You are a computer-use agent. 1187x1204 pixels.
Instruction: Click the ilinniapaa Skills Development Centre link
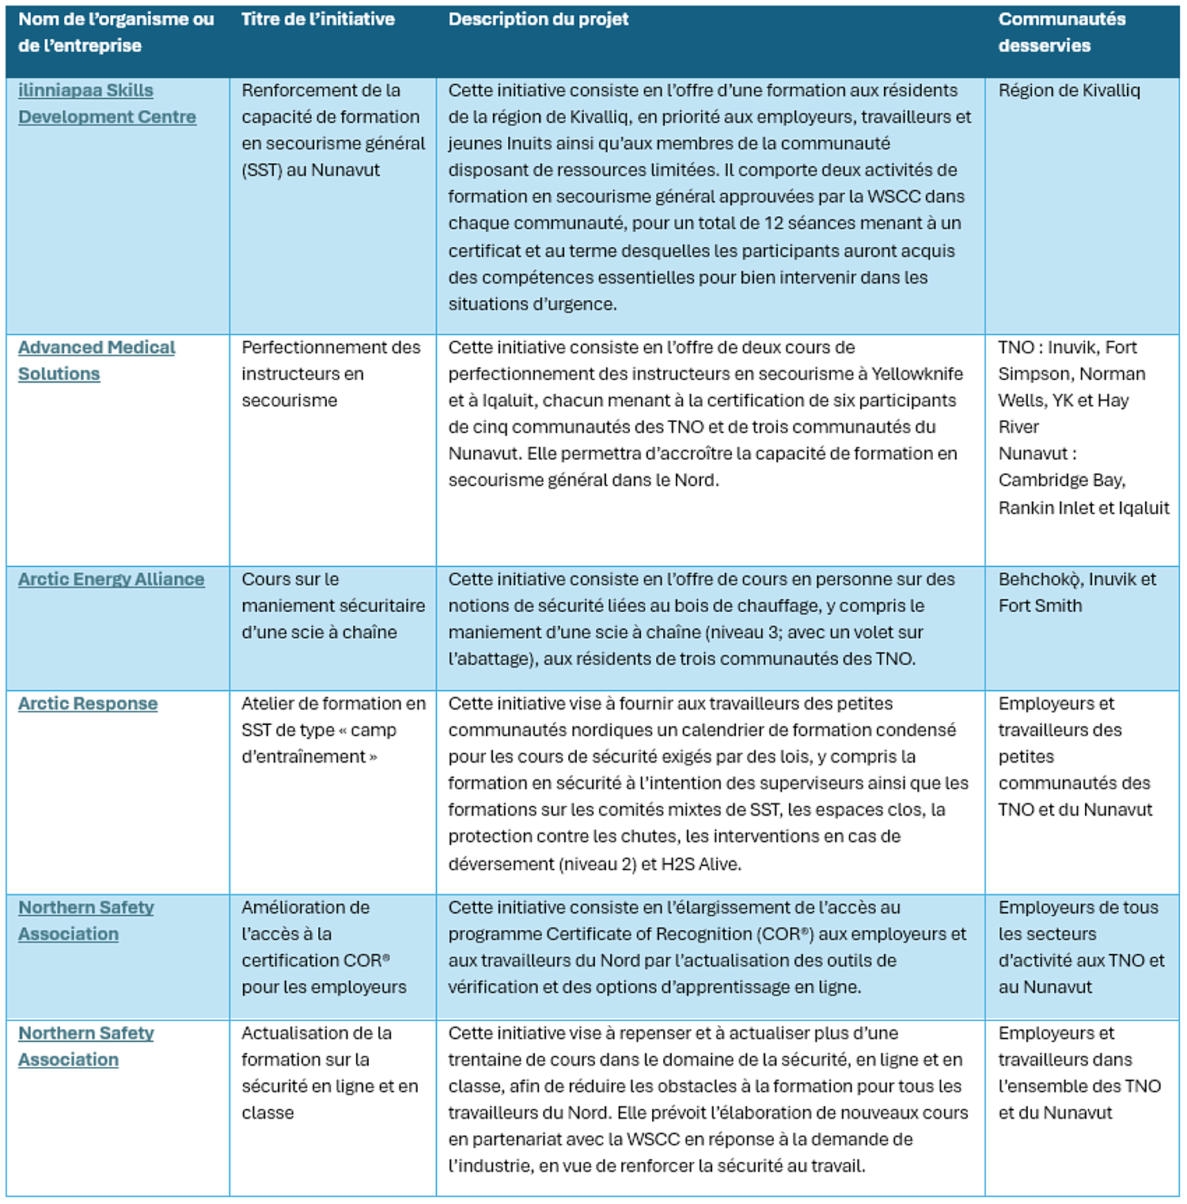tap(107, 104)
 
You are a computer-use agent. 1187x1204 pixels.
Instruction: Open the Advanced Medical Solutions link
tap(96, 360)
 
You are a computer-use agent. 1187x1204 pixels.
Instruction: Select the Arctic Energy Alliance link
tap(111, 579)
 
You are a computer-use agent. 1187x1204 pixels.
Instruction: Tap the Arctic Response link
tap(88, 704)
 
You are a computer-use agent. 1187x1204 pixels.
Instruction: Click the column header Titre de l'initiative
tap(317, 20)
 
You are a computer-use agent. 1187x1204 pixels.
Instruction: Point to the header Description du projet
tap(538, 20)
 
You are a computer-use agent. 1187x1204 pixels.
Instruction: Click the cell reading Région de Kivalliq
tap(1068, 91)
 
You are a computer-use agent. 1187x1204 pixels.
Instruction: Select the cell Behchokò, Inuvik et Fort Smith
tap(1076, 592)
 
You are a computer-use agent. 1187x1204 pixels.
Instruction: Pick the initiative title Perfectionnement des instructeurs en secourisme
tap(331, 374)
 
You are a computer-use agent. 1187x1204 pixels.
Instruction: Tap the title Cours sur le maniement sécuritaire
tap(332, 606)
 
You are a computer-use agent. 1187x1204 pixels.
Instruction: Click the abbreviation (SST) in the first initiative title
tap(262, 170)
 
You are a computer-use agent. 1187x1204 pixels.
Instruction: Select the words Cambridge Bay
tap(1060, 480)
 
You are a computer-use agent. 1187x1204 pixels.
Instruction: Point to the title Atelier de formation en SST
tap(332, 730)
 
